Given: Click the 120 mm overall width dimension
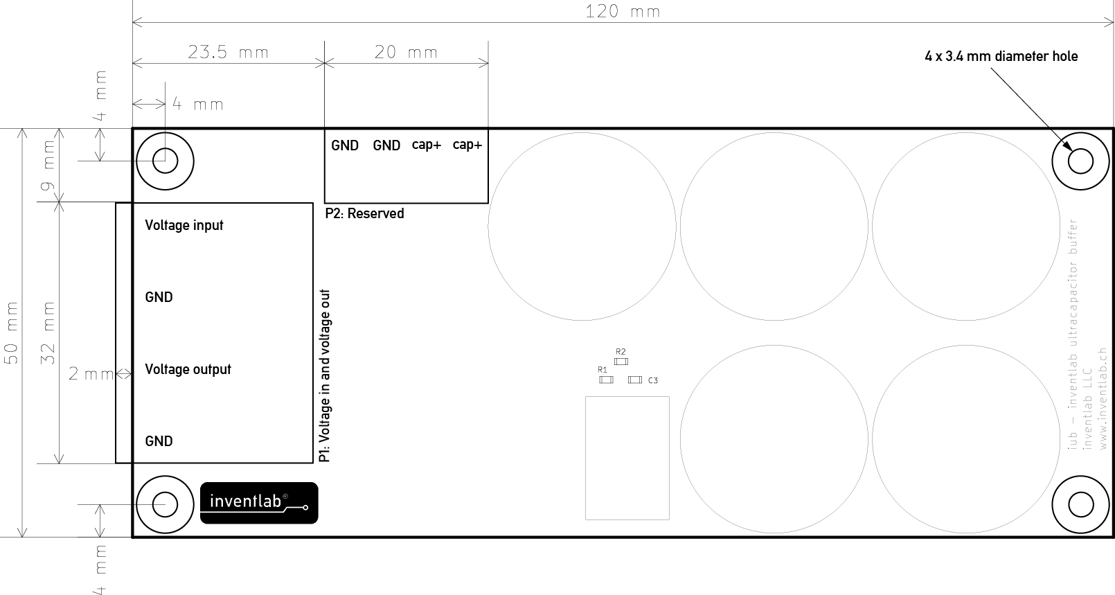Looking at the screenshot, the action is [x=623, y=12].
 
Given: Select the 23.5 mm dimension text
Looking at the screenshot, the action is [x=228, y=52].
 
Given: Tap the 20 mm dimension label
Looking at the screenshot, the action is [x=406, y=52].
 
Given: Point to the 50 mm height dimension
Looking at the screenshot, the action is [x=12, y=332].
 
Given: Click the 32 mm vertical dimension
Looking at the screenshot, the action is [x=48, y=332].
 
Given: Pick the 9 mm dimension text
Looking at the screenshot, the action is [x=48, y=166].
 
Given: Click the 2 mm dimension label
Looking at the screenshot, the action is [x=91, y=374].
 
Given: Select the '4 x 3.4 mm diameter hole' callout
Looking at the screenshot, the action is [x=1001, y=56].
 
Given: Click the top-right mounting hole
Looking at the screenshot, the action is [x=1080, y=161].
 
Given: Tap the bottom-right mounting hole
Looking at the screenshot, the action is [x=1080, y=505].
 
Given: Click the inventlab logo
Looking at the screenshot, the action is [x=259, y=503].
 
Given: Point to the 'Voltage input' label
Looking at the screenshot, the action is [x=184, y=226].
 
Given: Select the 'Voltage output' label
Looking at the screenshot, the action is [x=188, y=369].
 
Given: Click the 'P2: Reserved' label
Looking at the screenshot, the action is [x=364, y=213].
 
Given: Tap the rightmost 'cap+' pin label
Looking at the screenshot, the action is [x=467, y=145].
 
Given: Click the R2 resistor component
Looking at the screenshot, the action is [x=621, y=362].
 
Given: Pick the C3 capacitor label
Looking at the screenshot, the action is [x=653, y=380].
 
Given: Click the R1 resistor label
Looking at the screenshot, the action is [x=603, y=369].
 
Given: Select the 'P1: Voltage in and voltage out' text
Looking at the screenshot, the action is [x=325, y=376].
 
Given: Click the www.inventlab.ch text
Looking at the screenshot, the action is [x=1103, y=399].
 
